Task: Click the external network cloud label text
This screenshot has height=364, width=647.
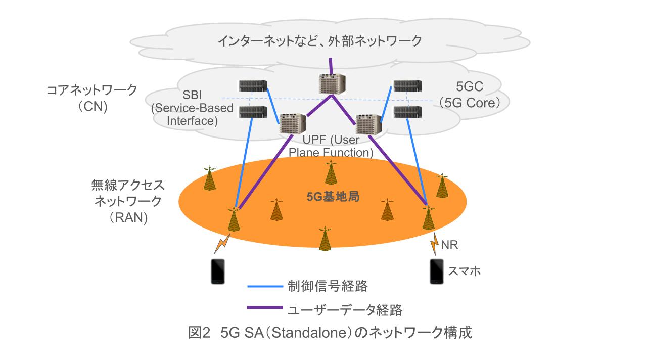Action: pos(319,41)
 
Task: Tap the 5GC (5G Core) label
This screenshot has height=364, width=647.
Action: pos(470,95)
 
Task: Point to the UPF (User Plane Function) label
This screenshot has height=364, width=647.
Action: pos(331,146)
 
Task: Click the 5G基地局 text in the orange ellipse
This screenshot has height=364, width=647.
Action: pos(333,197)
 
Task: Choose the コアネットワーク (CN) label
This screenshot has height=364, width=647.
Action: pos(91,98)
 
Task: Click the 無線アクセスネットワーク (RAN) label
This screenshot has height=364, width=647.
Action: pos(128,201)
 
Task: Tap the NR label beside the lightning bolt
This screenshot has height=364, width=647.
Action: pos(449,246)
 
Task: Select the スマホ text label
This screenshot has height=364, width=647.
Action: pos(464,271)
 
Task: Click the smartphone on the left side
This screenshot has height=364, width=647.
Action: pos(218,271)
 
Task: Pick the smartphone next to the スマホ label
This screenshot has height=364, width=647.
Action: pos(436,271)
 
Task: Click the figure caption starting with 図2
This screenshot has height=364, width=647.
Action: pos(330,333)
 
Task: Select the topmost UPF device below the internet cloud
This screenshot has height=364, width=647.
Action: pos(332,84)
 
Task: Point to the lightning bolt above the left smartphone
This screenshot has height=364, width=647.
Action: pos(223,242)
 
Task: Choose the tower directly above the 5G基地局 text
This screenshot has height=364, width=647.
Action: pos(331,173)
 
